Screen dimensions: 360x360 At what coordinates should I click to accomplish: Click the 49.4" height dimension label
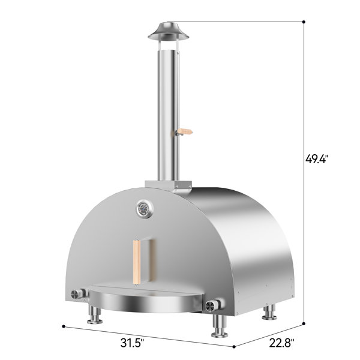[317, 158]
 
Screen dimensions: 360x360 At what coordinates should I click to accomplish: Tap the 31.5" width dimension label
[132, 343]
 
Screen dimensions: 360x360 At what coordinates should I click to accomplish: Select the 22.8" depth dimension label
[281, 343]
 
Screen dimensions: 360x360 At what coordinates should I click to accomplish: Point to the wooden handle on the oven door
[137, 262]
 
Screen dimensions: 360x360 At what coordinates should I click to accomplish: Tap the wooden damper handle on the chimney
[185, 132]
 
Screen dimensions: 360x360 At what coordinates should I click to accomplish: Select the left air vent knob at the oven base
[77, 294]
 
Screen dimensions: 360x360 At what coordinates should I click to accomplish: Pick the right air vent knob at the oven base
[212, 305]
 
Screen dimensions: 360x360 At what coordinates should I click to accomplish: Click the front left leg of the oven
[95, 315]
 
